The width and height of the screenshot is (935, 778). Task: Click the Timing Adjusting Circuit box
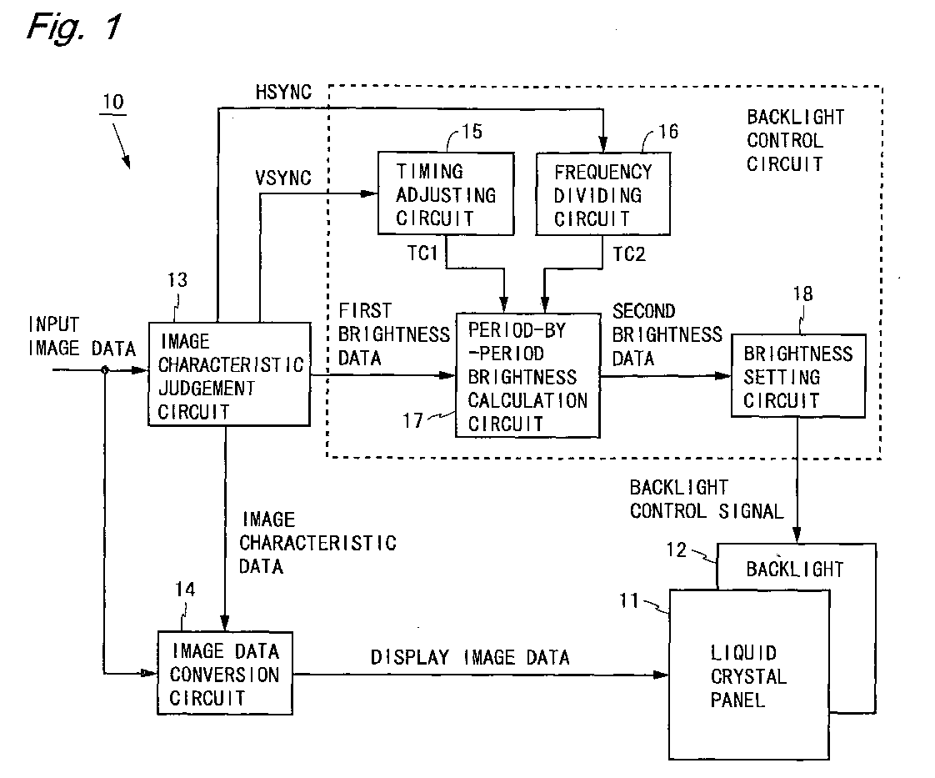coord(446,193)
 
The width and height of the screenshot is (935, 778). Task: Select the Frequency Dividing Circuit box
coord(602,193)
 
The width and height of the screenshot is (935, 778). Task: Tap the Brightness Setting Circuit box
coord(797,375)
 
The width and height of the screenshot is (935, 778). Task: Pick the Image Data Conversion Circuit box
coord(225,673)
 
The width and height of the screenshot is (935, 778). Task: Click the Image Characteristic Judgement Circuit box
coord(229,374)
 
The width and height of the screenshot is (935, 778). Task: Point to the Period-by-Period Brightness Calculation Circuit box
coord(527,375)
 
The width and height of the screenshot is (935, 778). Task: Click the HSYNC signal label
coord(283,92)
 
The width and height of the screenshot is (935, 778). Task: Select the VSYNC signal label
coord(283,178)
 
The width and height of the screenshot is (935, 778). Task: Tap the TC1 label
coord(422,253)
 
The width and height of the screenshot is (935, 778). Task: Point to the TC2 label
coord(629,254)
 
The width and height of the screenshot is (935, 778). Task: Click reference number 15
coord(472,131)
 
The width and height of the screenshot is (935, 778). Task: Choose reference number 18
coord(802,294)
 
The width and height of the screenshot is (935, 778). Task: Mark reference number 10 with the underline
coord(113,103)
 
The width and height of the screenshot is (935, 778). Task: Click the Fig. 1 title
coord(74,28)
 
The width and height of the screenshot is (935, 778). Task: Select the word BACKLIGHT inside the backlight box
coord(795,570)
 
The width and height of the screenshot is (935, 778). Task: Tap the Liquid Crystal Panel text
coord(748,676)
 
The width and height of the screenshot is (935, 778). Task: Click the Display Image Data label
coord(470,657)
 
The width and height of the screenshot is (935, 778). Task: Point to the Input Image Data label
coord(82,337)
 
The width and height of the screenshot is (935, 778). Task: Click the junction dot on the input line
coord(105,370)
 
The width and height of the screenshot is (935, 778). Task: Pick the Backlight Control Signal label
coord(707,499)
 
